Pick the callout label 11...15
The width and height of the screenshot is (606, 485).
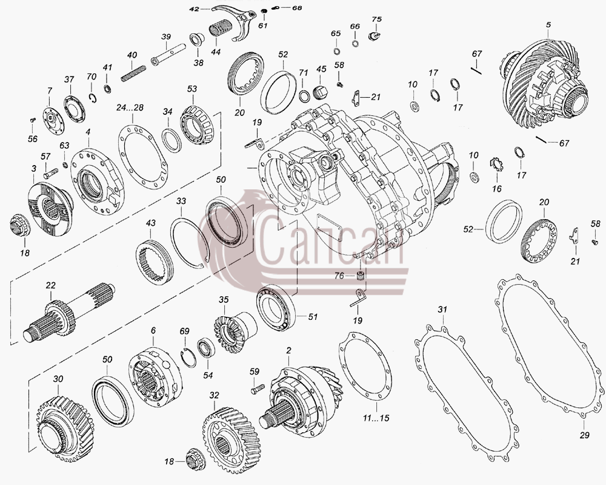(x=376, y=418)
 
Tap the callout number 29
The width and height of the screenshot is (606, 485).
(x=584, y=435)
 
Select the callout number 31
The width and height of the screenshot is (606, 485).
(x=442, y=309)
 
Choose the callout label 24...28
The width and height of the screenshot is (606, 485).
(x=130, y=107)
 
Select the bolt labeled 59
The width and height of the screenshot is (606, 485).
(x=258, y=388)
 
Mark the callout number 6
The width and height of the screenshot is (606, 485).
(x=153, y=330)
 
